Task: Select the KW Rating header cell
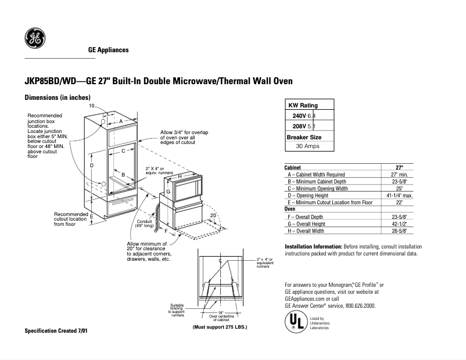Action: pos(302,105)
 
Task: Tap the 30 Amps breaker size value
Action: pos(307,146)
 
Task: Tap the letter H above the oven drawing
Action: pos(180,176)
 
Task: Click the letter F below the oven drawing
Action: pos(166,231)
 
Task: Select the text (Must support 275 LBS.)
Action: pos(220,327)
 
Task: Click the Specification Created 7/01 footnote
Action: pos(57,330)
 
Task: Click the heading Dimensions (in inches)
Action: pos(57,97)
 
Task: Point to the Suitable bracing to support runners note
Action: pos(177,310)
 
